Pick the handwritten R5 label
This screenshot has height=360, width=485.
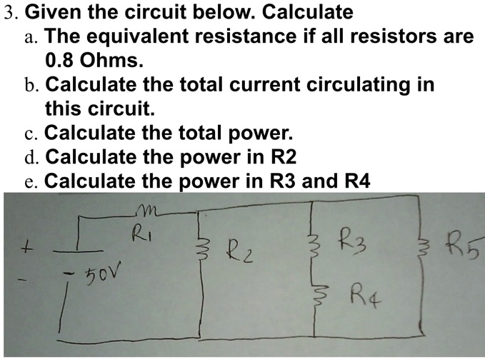pyautogui.click(x=464, y=246)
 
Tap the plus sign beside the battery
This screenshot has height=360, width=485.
pyautogui.click(x=27, y=249)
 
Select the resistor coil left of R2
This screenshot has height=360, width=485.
pyautogui.click(x=204, y=250)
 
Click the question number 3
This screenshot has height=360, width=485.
pyautogui.click(x=11, y=11)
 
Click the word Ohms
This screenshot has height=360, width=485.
pyautogui.click(x=111, y=60)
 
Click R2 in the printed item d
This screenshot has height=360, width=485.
pyautogui.click(x=284, y=156)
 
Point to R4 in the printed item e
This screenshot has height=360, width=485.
pyautogui.click(x=357, y=180)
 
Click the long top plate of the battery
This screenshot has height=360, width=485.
pyautogui.click(x=78, y=251)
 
